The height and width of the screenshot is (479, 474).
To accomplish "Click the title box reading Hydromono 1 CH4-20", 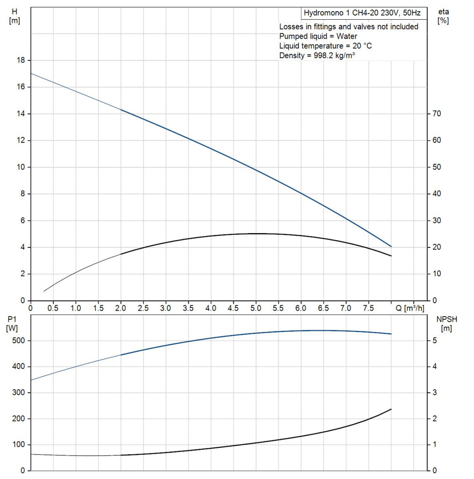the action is point(364,13).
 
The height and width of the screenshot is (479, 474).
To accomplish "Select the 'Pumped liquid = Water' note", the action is point(318,36).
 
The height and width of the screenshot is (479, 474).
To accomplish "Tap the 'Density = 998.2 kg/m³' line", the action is point(317,55).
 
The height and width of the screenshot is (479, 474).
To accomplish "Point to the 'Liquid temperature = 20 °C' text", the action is point(325,46).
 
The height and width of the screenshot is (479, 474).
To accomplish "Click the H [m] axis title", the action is point(14,17).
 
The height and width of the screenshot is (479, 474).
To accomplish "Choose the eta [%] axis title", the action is point(443,17).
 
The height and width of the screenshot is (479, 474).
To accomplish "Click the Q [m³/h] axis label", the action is point(410,308).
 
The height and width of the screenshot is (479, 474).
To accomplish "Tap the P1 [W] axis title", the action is point(12,324).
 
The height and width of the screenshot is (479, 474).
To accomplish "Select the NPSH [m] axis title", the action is point(446,324).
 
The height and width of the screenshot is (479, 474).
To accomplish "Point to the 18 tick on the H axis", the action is point(21,60).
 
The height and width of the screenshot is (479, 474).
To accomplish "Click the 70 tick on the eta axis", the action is point(436,113).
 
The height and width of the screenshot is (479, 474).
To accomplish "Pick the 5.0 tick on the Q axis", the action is point(256,308).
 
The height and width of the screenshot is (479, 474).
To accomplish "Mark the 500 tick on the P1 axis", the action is point(19,340).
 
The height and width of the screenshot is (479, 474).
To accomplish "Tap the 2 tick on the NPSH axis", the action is point(434,419).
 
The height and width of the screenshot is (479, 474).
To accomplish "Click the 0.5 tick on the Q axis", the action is point(53,308).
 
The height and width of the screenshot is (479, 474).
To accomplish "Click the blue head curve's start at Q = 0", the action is point(31,74).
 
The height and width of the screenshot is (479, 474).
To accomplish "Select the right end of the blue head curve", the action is point(391,247).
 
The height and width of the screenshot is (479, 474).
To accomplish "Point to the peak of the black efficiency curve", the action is point(258,234).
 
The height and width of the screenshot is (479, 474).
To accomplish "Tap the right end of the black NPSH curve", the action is point(391,409).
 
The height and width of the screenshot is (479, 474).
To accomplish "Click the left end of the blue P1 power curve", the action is point(31,380).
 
